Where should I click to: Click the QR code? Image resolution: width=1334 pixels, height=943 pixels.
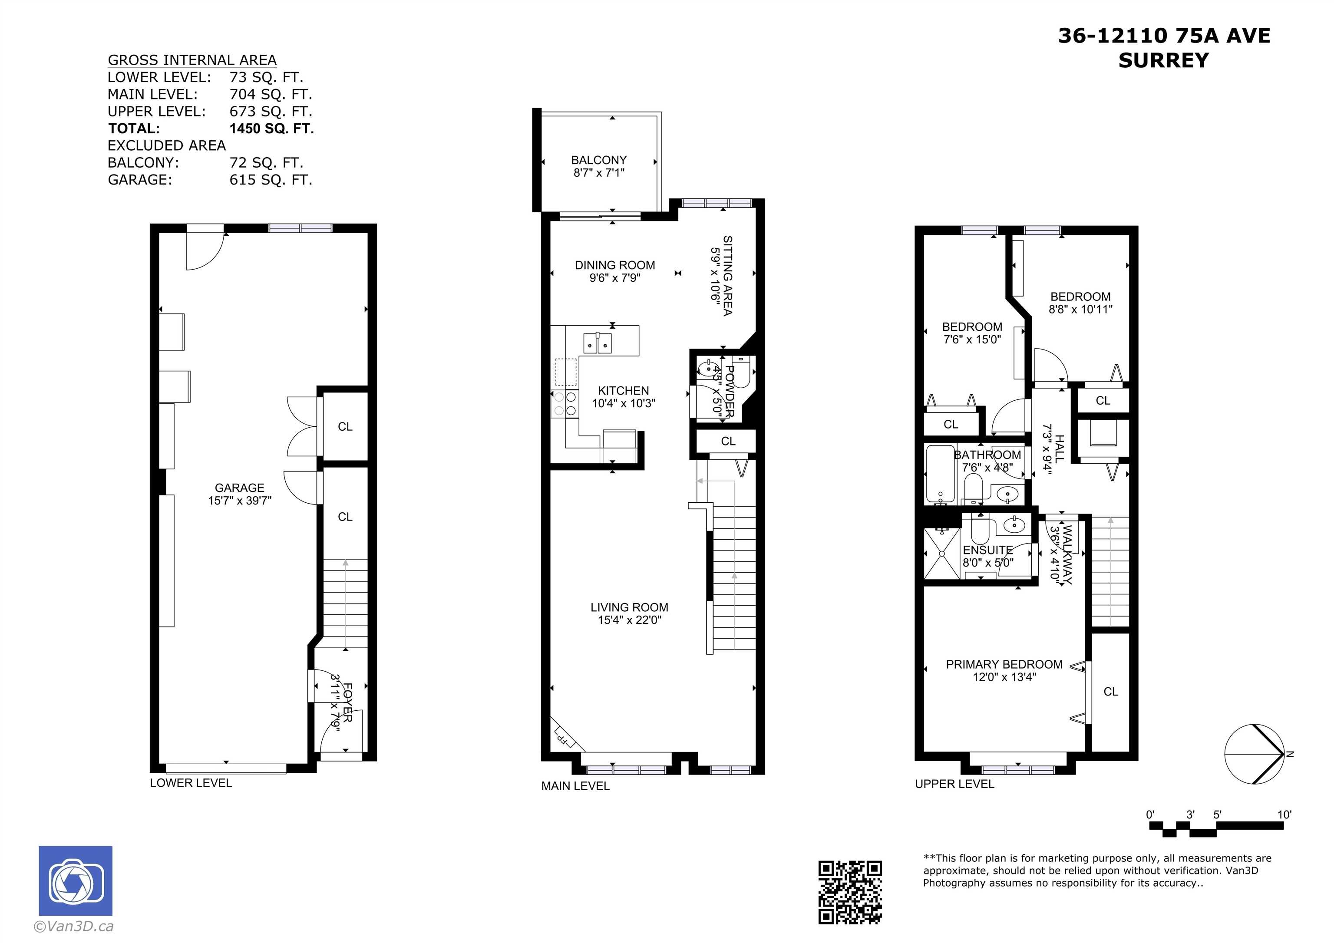(850, 892)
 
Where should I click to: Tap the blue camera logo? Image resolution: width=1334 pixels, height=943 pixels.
(76, 881)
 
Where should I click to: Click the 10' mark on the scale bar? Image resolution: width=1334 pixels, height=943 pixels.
(1284, 814)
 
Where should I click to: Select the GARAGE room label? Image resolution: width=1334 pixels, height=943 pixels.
(239, 488)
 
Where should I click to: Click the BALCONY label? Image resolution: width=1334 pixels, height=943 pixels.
(599, 160)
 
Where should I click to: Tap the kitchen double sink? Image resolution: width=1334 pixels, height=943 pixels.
(597, 343)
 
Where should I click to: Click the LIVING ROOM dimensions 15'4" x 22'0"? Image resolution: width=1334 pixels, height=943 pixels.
(630, 620)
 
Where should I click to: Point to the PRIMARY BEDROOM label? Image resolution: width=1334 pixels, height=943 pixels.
(1004, 664)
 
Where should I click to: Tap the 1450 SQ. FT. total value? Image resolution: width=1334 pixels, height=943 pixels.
(272, 129)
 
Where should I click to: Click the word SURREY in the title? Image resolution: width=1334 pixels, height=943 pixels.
(1163, 60)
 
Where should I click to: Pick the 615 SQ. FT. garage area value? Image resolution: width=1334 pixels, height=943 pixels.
(271, 180)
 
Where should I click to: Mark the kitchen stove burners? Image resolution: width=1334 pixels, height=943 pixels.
(564, 404)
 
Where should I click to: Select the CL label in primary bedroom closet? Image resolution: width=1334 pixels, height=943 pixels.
(1110, 692)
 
